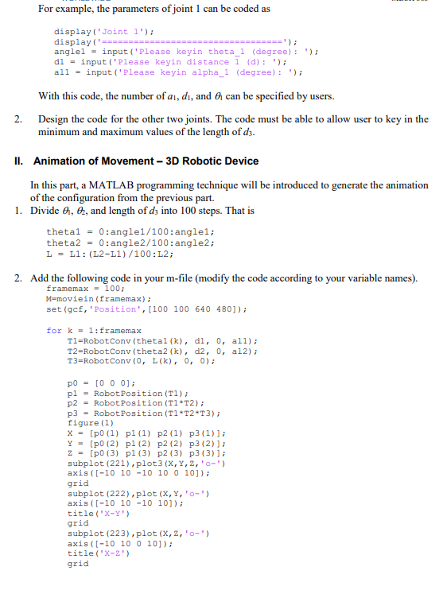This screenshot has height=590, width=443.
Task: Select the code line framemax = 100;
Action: (83, 289)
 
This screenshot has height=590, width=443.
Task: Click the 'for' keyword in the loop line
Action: (53, 330)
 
